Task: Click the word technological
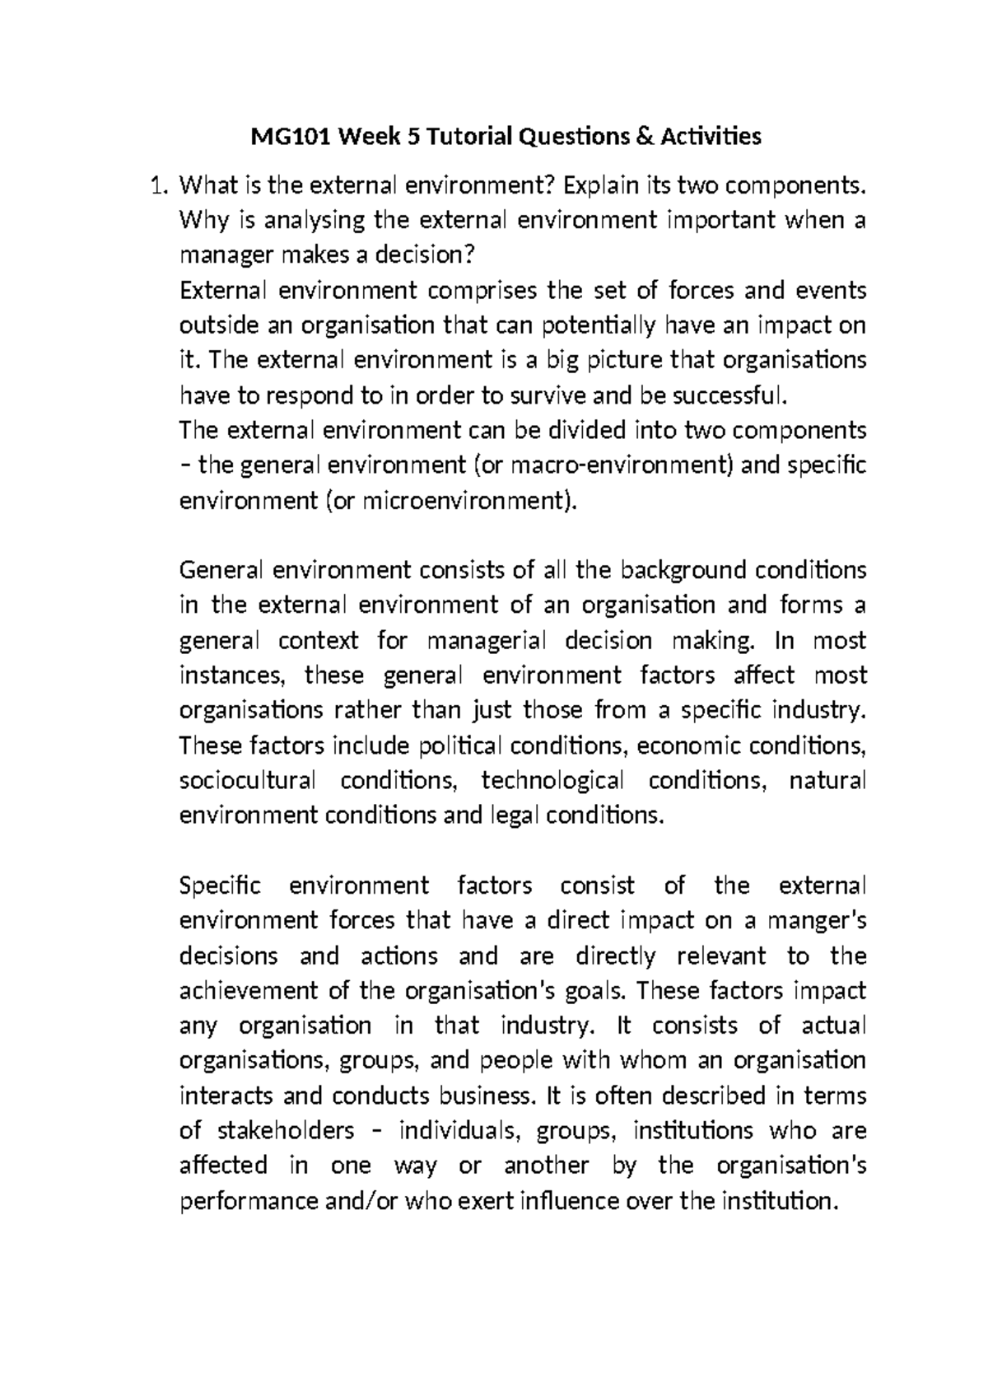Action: click(552, 779)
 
